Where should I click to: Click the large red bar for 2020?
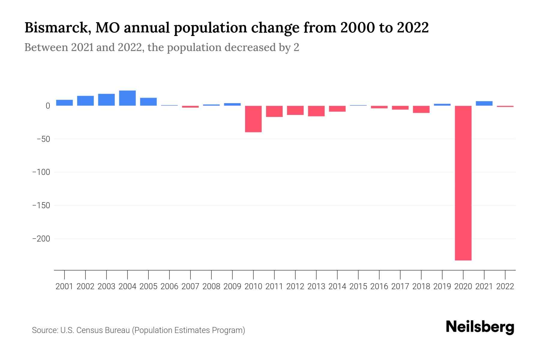[x=463, y=183]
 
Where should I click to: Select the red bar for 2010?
[x=253, y=119]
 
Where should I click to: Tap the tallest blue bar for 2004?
[x=127, y=98]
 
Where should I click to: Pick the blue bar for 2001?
[x=64, y=103]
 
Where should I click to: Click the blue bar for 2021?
[x=484, y=103]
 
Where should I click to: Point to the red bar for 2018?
[x=421, y=109]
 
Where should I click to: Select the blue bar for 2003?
[x=106, y=100]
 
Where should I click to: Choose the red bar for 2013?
[x=316, y=111]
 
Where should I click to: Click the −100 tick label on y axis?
[x=41, y=172]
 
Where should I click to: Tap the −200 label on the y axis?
[x=41, y=239]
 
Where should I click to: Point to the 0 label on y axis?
[x=48, y=106]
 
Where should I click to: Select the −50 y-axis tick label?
[x=43, y=139]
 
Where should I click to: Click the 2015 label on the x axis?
[x=358, y=286]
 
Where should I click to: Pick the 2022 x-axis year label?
[x=505, y=286]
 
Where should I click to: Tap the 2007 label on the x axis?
[x=190, y=286]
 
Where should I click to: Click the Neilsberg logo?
[x=480, y=327]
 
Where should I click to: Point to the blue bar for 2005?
[x=148, y=102]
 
